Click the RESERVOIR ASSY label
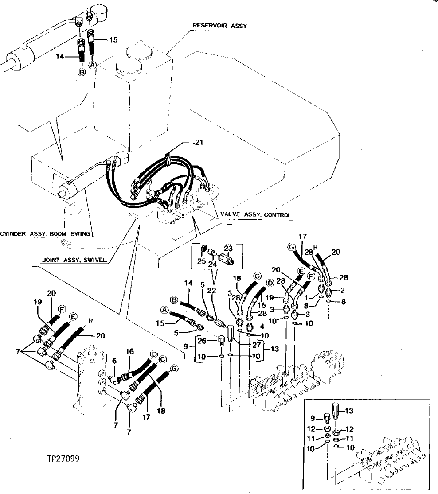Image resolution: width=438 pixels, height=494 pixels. pyautogui.click(x=219, y=26)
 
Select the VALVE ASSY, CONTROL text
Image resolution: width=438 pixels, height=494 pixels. pyautogui.click(x=256, y=214)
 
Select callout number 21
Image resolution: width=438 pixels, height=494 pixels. pyautogui.click(x=199, y=143)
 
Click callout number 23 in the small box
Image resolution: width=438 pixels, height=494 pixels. pyautogui.click(x=228, y=249)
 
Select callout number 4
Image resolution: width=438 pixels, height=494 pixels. pyautogui.click(x=262, y=327)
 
